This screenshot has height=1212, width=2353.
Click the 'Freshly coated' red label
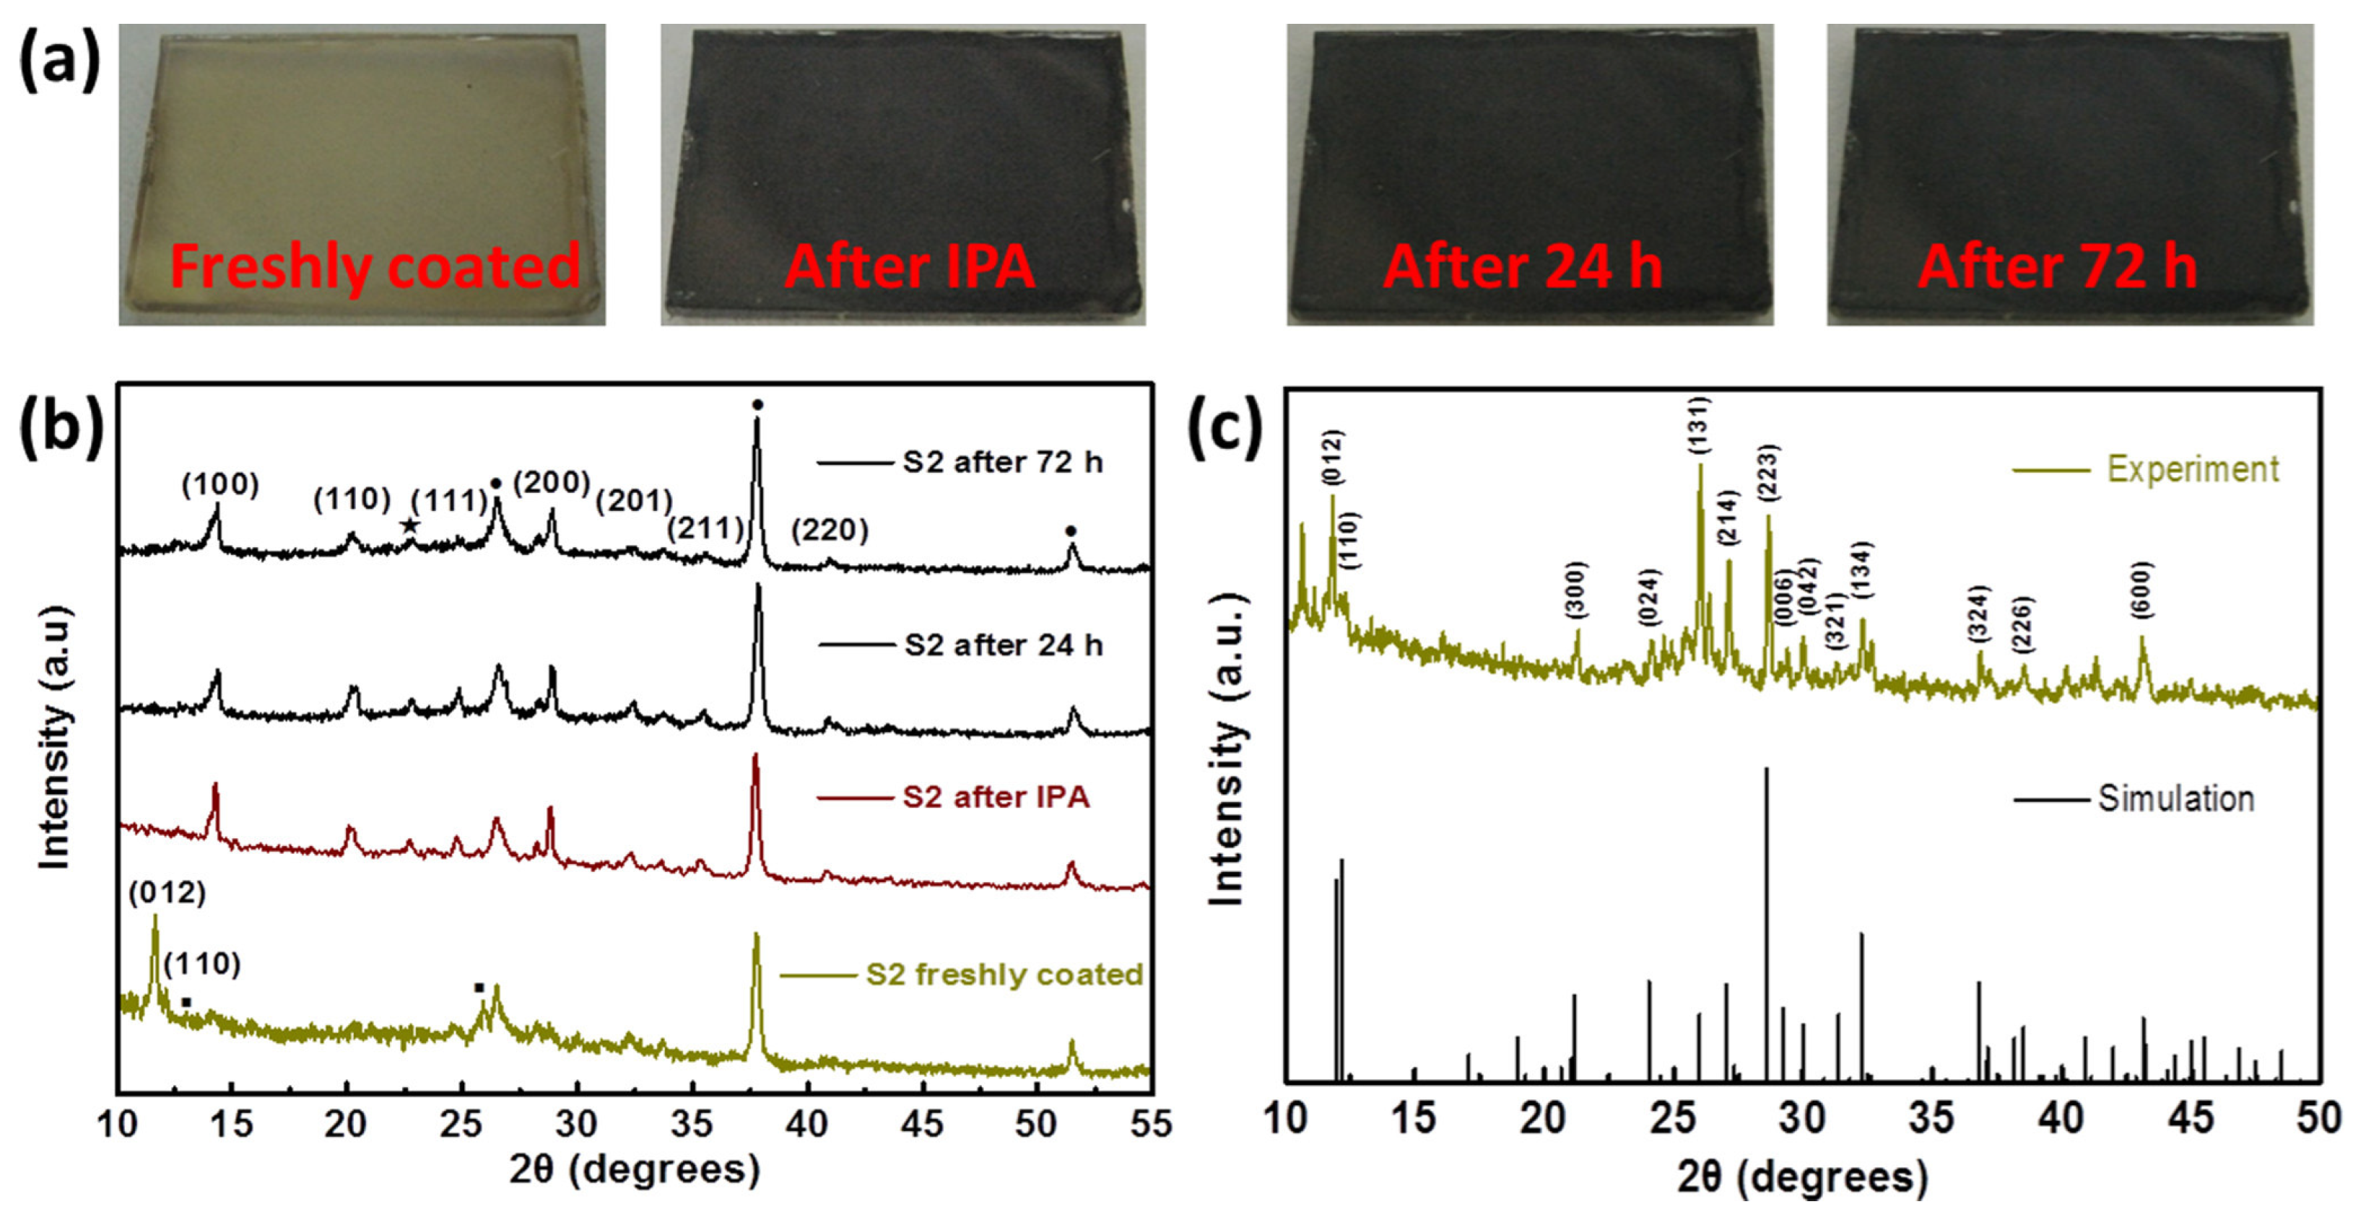[375, 266]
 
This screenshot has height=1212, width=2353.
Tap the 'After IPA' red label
[909, 266]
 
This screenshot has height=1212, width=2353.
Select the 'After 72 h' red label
[2057, 266]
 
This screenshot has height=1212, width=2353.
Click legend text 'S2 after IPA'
[996, 798]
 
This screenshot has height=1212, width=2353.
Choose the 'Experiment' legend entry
[2192, 469]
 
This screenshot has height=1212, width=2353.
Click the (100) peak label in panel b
[220, 484]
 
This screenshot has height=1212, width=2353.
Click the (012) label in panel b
[168, 892]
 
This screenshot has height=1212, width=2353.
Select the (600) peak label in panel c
[2143, 590]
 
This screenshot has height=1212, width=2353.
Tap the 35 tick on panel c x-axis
[1932, 1119]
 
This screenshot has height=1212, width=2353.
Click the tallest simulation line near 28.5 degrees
[1767, 913]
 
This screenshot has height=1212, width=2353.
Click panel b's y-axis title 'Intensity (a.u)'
[55, 736]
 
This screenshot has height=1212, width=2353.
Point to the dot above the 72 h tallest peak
[757, 405]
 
